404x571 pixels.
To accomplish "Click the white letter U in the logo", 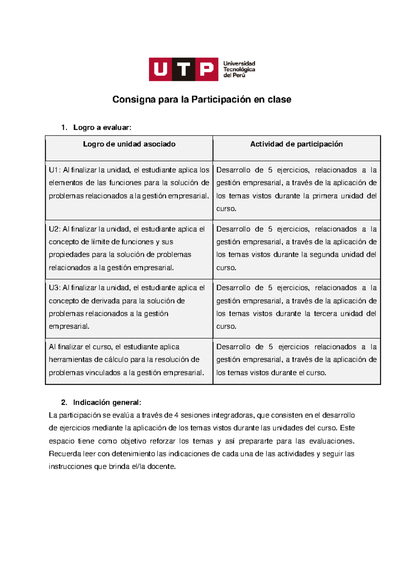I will tap(161, 69).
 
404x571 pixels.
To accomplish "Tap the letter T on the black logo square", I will tap(184, 69).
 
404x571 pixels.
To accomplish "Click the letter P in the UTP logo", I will tap(206, 69).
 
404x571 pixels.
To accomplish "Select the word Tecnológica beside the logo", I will tap(239, 69).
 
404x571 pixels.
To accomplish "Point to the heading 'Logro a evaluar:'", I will tap(102, 128).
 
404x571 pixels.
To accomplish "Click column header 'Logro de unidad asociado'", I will tap(129, 144).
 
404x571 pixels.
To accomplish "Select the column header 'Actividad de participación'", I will tap(296, 144).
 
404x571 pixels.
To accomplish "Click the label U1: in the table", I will tap(55, 170).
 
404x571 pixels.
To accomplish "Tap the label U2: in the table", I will tap(55, 229).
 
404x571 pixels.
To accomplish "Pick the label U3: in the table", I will tap(55, 288).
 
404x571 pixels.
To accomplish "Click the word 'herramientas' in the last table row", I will tap(70, 360).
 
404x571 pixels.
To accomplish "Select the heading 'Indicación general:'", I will tap(107, 403).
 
